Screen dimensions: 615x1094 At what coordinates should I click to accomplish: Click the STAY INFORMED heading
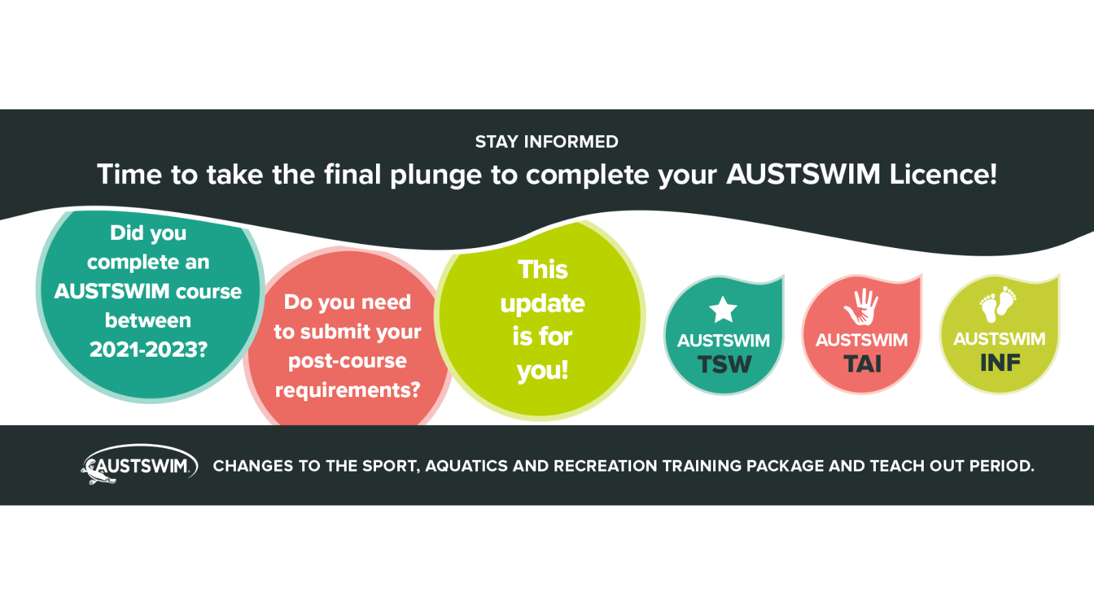pos(546,141)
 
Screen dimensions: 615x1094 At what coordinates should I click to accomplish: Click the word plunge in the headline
pos(436,175)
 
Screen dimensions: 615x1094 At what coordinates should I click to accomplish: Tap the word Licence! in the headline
pos(943,174)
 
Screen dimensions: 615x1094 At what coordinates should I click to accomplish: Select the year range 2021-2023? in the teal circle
pos(148,350)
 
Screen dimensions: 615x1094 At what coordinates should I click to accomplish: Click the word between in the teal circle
pos(148,320)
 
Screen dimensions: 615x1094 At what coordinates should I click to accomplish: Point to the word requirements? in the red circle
pos(347,390)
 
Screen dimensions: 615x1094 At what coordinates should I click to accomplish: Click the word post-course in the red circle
pos(347,361)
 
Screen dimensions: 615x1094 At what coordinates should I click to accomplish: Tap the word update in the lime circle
pos(542,304)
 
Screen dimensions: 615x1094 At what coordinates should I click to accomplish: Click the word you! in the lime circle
pos(542,370)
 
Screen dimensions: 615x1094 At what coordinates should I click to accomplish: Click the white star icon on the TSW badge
pos(723,310)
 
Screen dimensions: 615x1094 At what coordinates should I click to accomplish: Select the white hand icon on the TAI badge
pos(862,307)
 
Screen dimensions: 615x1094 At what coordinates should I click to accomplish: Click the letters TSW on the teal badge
pos(724,365)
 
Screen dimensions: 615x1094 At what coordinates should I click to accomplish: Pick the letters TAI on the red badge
pos(862,364)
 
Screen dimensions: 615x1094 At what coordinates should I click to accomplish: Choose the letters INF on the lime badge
pos(1000,364)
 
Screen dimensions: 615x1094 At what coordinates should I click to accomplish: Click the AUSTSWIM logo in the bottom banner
pos(139,466)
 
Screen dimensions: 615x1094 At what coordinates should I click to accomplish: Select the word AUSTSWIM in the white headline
pos(803,174)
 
